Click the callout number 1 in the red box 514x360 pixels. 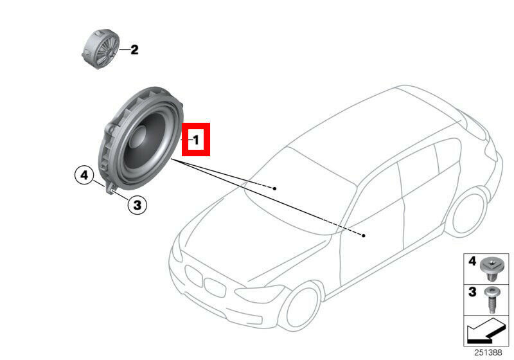(196, 140)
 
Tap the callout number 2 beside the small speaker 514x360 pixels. (134, 50)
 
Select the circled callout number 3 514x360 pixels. (137, 205)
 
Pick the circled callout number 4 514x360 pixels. (84, 175)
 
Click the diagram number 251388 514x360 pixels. (488, 352)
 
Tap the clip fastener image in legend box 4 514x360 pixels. (491, 269)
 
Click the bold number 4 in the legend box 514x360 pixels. (472, 261)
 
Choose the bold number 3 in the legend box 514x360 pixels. (472, 291)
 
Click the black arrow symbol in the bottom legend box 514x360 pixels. (486, 331)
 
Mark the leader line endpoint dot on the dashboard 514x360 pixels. (275, 188)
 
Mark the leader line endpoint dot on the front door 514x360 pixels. (364, 235)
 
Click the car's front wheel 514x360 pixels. (301, 306)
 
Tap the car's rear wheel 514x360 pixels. (468, 212)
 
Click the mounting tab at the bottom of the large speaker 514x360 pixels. (111, 190)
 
